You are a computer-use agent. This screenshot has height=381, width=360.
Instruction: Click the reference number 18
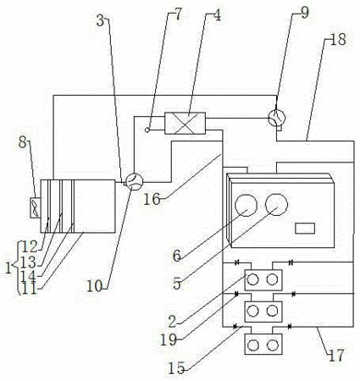[x=338, y=40]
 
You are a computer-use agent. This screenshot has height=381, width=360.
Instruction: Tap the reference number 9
[x=305, y=13]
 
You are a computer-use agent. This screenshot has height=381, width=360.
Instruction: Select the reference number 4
[x=217, y=15]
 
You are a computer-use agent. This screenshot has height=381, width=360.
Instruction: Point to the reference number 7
[x=179, y=14]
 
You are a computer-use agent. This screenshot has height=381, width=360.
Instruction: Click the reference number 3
[x=100, y=20]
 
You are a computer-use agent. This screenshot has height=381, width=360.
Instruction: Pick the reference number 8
[x=23, y=142]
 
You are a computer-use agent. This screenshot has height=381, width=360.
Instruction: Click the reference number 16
[x=152, y=199]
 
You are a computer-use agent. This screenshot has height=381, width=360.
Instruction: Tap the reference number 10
[x=94, y=286]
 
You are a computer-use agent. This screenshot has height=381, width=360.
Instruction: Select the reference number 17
[x=336, y=356]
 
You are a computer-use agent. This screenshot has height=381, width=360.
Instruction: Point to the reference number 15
[x=176, y=369]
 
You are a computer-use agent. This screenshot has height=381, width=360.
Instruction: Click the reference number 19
[x=169, y=340]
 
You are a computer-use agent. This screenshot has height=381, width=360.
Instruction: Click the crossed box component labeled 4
[x=185, y=124]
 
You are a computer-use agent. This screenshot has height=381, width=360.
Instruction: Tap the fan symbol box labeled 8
[x=35, y=207]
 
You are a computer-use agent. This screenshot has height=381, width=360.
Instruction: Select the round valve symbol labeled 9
[x=276, y=118]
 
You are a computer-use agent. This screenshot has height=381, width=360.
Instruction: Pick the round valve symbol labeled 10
[x=134, y=181]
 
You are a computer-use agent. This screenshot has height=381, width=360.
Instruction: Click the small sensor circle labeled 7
[x=147, y=130]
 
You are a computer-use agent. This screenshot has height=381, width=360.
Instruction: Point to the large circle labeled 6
[x=246, y=205]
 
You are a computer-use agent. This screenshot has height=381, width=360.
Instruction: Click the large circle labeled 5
[x=277, y=204]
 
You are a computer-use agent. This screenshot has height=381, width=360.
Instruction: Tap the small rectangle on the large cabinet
[x=305, y=229]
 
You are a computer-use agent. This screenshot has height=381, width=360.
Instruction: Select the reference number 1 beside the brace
[x=8, y=268]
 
